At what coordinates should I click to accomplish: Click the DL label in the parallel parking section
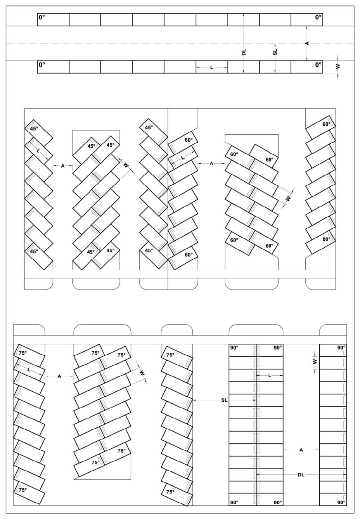pos(244,52)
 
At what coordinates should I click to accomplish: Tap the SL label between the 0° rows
pos(275,52)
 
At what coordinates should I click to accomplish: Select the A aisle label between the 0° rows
pos(307,43)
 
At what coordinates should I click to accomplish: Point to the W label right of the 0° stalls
pos(338,66)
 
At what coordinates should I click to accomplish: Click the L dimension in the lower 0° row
pos(211,67)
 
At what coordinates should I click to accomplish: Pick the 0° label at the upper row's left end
pos(42,17)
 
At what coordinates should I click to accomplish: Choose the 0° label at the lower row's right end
pos(318,65)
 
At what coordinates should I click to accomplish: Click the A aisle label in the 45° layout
pos(63,166)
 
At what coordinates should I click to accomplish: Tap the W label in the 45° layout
pos(126,165)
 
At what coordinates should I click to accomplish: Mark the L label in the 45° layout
pos(38,151)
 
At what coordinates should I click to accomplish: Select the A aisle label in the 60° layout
pos(211,163)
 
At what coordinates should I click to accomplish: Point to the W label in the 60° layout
pos(288,199)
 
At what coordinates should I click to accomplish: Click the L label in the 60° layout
pos(183,158)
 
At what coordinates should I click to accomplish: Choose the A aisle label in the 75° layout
pos(59,376)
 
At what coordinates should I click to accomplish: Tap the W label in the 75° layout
pos(142,373)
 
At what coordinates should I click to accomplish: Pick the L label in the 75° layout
pos(29,370)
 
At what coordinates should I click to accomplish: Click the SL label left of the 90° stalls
pos(224,400)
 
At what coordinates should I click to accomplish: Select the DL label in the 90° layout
pos(301,475)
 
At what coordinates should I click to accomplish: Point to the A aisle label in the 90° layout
pos(301,450)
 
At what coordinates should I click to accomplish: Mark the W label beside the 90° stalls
pos(314,361)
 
